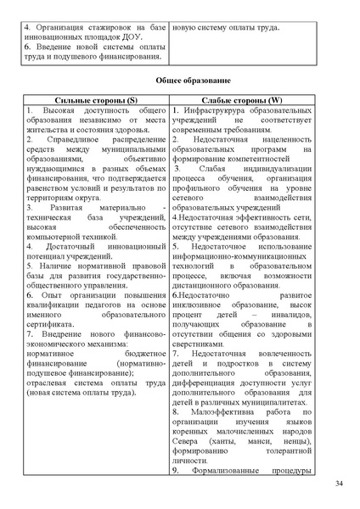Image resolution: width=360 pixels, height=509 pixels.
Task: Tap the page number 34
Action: [338, 484]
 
